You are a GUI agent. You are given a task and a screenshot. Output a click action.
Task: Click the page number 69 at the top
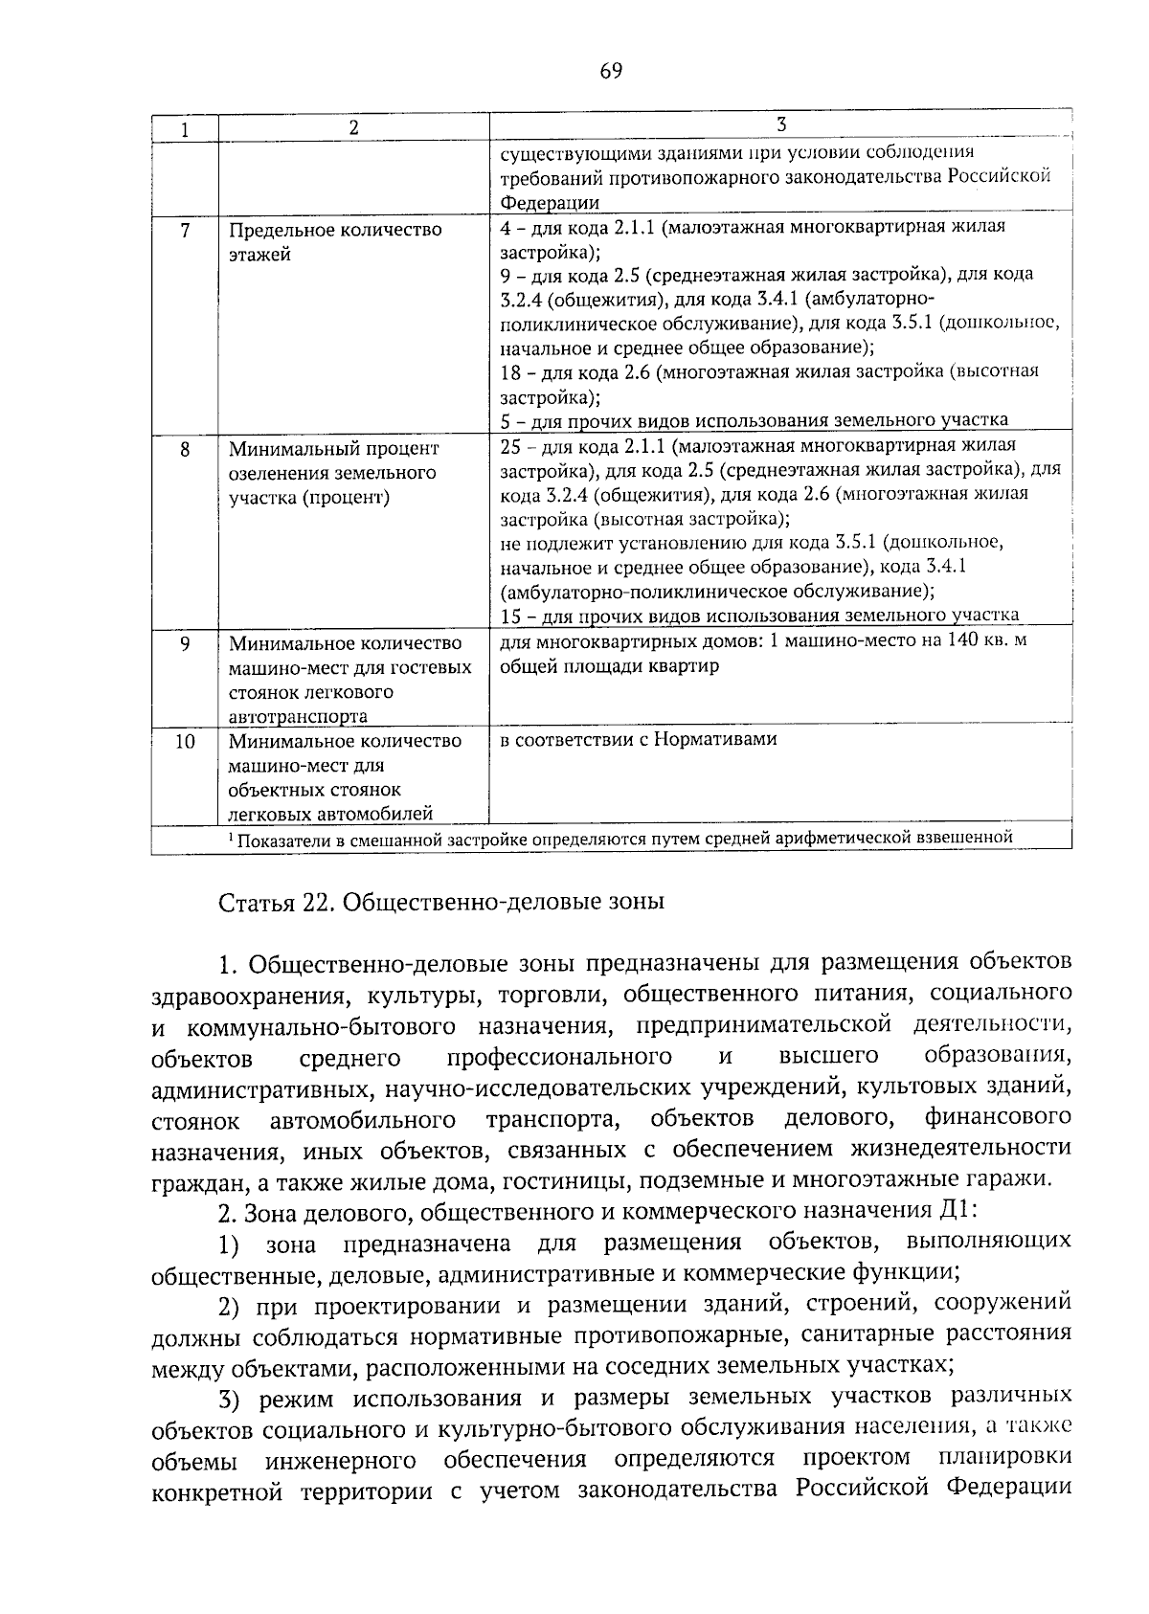point(611,70)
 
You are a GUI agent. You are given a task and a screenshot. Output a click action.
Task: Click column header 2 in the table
point(353,128)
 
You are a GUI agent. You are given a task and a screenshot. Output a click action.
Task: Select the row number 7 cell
point(185,231)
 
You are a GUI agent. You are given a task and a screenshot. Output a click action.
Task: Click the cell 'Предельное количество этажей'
point(335,242)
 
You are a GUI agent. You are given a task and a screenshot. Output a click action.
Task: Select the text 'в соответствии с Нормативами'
point(639,739)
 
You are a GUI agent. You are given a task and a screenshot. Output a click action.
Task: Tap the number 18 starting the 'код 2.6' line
point(511,371)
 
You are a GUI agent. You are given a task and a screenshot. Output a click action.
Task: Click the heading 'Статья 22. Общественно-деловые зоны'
point(441,903)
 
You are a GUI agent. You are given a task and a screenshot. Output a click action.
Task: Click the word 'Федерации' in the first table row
point(550,202)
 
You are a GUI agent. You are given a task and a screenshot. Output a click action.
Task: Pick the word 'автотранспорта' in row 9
point(298,717)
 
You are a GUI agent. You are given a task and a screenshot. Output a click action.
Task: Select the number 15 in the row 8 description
point(511,616)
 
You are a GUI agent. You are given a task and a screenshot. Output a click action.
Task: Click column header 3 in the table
point(779,125)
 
